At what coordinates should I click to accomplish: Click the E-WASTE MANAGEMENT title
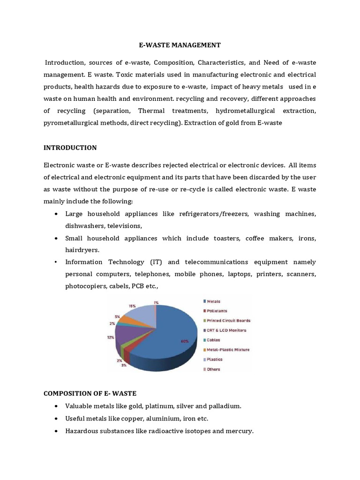click(180, 45)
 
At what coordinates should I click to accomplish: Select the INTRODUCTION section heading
click(70, 148)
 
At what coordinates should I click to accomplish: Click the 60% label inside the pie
click(184, 341)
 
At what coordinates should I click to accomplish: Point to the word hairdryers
click(82, 250)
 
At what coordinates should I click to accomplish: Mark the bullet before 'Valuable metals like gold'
click(56, 406)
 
